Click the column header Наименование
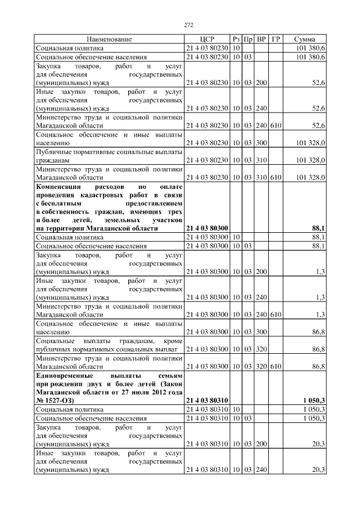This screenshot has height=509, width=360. [109, 39]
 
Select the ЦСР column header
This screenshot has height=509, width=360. [207, 39]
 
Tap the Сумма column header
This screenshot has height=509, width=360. [304, 39]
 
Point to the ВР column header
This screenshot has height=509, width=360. [261, 39]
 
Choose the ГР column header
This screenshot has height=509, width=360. [276, 39]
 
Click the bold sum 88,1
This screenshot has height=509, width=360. [318, 228]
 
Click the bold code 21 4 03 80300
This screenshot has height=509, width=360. [207, 228]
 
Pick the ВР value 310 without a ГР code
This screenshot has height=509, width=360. [261, 160]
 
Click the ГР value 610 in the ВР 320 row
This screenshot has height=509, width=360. [276, 367]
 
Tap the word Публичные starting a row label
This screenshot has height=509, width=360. [52, 152]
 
